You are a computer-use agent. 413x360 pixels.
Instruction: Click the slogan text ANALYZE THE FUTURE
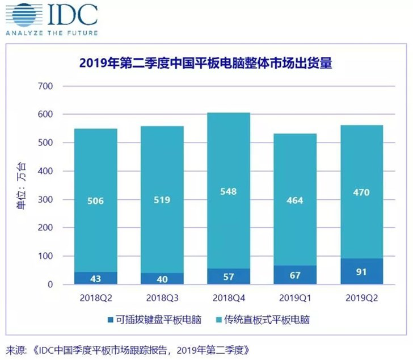pos(51,33)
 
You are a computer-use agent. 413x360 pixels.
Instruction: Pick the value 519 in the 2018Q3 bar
pos(162,200)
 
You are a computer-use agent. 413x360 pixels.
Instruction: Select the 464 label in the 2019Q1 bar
pos(295,200)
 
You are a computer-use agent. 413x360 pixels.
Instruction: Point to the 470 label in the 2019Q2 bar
pos(361,192)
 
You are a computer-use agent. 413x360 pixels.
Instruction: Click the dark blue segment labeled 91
pos(361,271)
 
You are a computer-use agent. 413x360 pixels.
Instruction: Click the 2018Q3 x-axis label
pos(163,296)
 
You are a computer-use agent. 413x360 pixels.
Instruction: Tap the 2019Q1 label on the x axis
pos(295,296)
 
